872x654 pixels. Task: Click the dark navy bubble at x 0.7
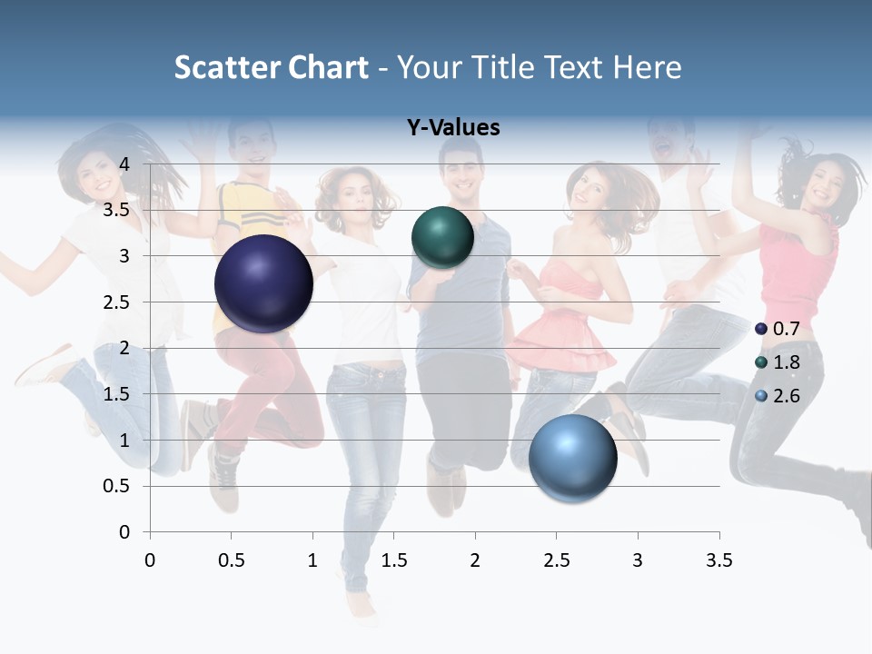[x=263, y=283]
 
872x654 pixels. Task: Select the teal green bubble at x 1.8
[x=442, y=238]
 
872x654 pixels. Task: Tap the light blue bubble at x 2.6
[x=572, y=458]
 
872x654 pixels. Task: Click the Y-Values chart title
[x=452, y=127]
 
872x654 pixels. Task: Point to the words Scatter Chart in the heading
[x=271, y=66]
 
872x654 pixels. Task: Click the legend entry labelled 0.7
[x=778, y=329]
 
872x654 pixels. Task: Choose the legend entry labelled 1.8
[x=778, y=362]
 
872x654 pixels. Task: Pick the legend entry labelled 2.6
[x=778, y=396]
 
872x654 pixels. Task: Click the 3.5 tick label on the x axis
[x=718, y=560]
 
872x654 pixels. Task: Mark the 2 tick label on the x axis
[x=474, y=560]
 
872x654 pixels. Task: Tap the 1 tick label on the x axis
[x=312, y=560]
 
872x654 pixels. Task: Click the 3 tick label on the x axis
[x=637, y=560]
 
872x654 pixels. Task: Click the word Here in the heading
[x=646, y=66]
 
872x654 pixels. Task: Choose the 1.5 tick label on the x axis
[x=393, y=560]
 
